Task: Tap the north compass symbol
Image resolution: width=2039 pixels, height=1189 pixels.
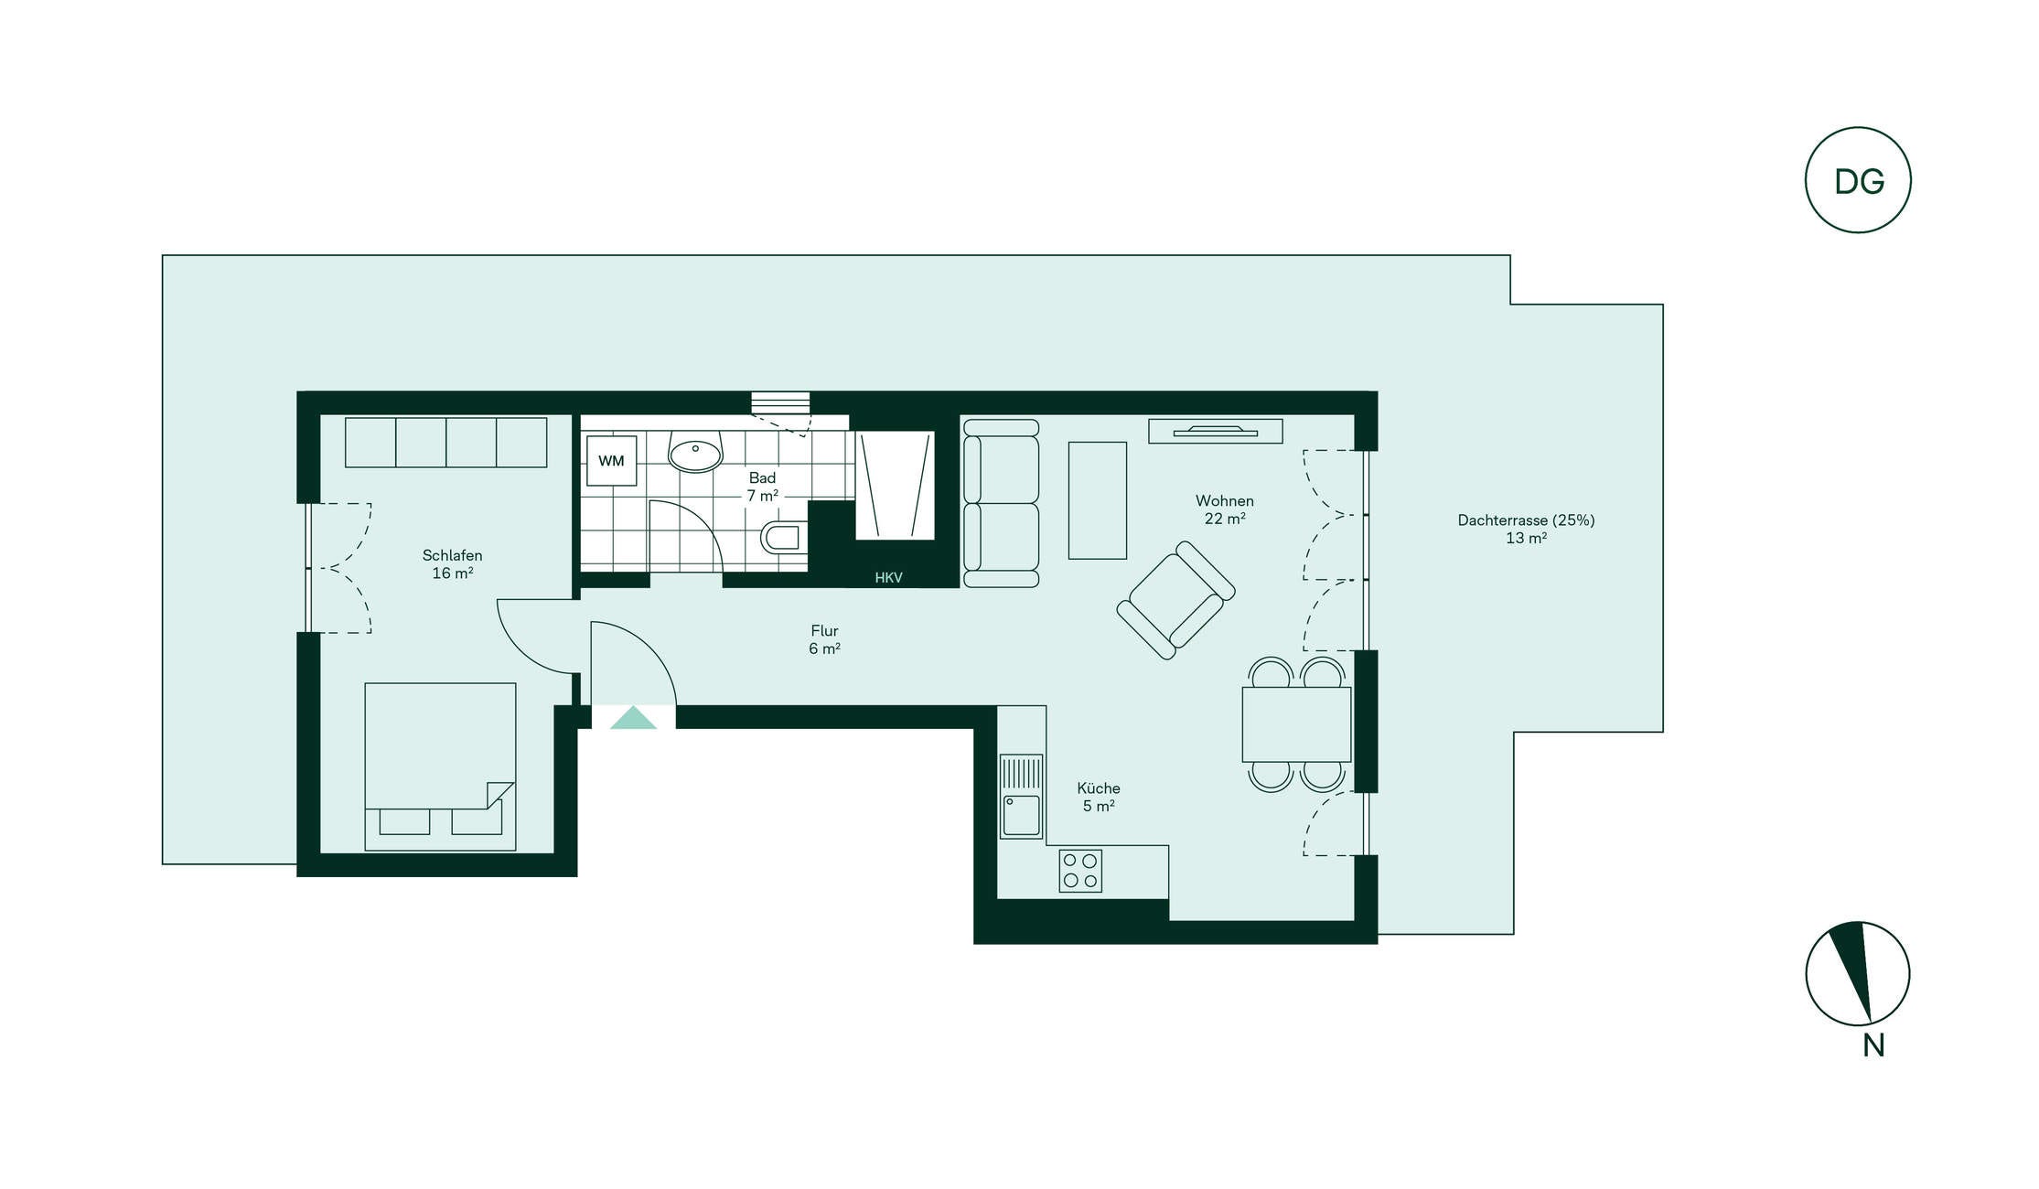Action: pos(1858,973)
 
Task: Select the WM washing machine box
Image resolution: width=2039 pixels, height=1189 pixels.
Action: pos(611,460)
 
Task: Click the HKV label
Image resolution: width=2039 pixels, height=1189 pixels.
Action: pos(888,578)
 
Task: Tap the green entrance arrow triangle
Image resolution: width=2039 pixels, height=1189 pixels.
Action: pos(633,718)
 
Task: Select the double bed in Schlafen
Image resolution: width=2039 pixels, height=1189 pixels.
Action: pos(440,766)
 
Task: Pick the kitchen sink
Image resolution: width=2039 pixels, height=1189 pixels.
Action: pos(1021,796)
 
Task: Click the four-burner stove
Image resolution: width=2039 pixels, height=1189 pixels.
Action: pos(1080,871)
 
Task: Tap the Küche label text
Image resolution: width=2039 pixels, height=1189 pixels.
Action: pos(1099,788)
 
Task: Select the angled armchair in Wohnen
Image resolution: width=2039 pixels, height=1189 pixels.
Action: pos(1175,600)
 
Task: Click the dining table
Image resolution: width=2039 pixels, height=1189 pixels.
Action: pos(1296,724)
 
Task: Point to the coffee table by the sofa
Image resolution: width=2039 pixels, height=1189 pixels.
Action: pos(1098,500)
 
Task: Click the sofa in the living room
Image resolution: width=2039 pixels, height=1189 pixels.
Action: pos(1001,503)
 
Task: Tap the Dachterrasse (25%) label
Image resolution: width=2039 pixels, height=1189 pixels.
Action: pos(1526,520)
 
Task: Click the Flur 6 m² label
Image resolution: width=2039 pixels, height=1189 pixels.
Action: pos(824,639)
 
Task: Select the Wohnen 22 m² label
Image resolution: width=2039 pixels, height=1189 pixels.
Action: pos(1224,509)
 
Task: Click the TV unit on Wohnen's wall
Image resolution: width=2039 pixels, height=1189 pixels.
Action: pos(1215,431)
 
